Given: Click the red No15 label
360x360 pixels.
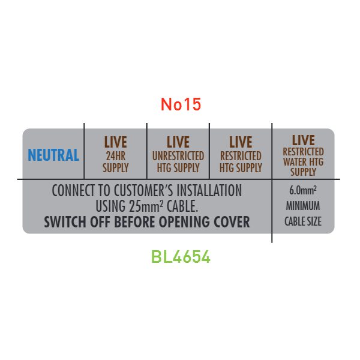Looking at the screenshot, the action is tap(181, 104).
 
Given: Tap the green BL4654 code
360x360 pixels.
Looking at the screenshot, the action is tap(181, 256).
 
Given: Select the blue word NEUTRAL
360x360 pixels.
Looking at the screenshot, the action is tap(53, 155).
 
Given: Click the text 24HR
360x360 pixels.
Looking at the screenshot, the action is tap(115, 156).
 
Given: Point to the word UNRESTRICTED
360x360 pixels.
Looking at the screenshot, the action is tap(178, 156).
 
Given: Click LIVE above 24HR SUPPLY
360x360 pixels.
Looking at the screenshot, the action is tap(115, 142).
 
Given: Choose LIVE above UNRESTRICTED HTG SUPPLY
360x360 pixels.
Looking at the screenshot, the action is tap(178, 142).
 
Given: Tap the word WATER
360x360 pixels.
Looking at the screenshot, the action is tap(295, 161).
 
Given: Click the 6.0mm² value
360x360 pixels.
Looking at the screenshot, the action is tap(303, 190).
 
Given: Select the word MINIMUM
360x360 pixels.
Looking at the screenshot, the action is tap(303, 206).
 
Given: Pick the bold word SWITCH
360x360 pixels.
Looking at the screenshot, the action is tap(65, 222).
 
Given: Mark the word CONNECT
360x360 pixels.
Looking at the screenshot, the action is tap(73, 190).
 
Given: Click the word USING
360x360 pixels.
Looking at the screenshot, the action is tap(110, 206).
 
